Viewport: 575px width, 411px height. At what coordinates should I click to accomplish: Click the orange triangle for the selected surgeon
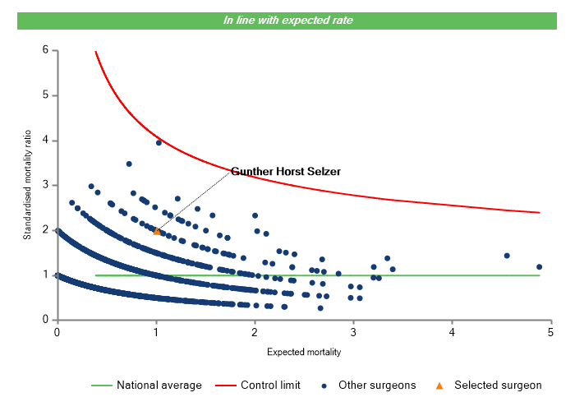click(157, 231)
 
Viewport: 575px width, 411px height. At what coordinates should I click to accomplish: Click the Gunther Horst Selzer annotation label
click(285, 172)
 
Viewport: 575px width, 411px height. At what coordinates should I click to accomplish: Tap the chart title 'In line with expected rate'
click(288, 20)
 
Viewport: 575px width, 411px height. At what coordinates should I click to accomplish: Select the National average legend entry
click(146, 385)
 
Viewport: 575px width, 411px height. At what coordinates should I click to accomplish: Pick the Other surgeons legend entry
click(374, 385)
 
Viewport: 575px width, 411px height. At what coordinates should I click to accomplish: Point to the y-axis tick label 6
click(45, 50)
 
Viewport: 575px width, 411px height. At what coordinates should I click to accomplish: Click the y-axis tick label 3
click(45, 185)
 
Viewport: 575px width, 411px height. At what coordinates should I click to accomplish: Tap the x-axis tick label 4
click(453, 332)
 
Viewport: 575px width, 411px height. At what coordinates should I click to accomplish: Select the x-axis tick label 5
click(551, 332)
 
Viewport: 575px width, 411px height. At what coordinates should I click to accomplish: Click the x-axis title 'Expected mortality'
click(304, 352)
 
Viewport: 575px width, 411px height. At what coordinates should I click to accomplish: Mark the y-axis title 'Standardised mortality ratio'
click(27, 185)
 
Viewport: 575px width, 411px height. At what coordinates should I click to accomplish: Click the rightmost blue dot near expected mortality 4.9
click(540, 266)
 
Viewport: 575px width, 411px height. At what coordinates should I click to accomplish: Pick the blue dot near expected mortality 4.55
click(507, 256)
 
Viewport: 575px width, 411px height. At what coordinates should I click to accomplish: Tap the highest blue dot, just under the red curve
click(159, 142)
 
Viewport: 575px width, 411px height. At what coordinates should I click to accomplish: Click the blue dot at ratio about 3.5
click(129, 164)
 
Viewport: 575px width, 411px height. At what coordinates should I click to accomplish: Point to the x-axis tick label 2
click(255, 332)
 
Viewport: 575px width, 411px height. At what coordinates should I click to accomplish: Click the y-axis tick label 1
click(45, 275)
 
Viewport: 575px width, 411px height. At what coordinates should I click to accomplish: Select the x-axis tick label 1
click(156, 332)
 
